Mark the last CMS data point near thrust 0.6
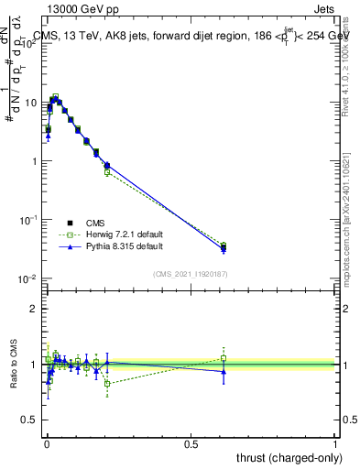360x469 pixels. [x=224, y=247]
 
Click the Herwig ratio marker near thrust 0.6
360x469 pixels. [x=224, y=358]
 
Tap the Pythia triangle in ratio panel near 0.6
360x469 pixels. [x=224, y=371]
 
